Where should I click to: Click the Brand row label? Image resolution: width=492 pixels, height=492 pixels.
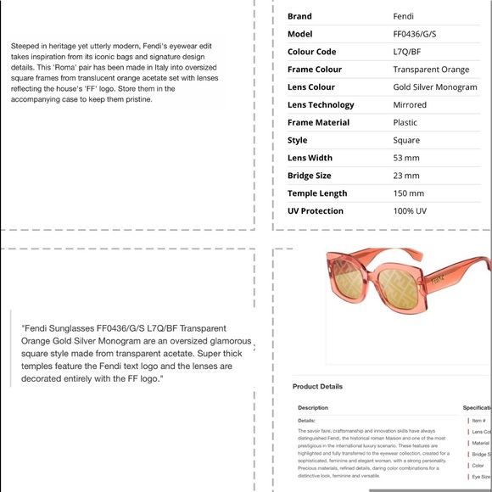coord(299,16)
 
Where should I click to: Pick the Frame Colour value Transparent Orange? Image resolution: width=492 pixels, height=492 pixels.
coord(431,70)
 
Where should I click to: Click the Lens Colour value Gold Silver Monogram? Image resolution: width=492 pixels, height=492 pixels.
coord(435,87)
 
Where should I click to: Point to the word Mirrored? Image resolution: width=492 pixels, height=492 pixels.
coord(410,105)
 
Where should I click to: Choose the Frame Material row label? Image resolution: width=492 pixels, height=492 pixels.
coord(318,123)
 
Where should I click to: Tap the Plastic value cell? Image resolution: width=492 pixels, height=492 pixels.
coord(405,123)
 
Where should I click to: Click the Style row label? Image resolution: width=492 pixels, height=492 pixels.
coord(297,141)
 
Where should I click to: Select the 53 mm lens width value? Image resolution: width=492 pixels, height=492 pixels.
coord(406,158)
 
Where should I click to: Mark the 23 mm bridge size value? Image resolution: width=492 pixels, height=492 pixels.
coord(406,176)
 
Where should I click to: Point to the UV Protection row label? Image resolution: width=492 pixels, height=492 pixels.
coord(315,211)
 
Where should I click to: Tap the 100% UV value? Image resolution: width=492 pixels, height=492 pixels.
coord(410,211)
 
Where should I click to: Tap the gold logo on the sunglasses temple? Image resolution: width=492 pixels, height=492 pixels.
coord(439,277)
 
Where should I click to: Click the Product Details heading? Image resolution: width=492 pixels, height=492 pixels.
coord(317,387)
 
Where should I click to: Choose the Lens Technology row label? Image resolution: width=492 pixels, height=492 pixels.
coord(321,105)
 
